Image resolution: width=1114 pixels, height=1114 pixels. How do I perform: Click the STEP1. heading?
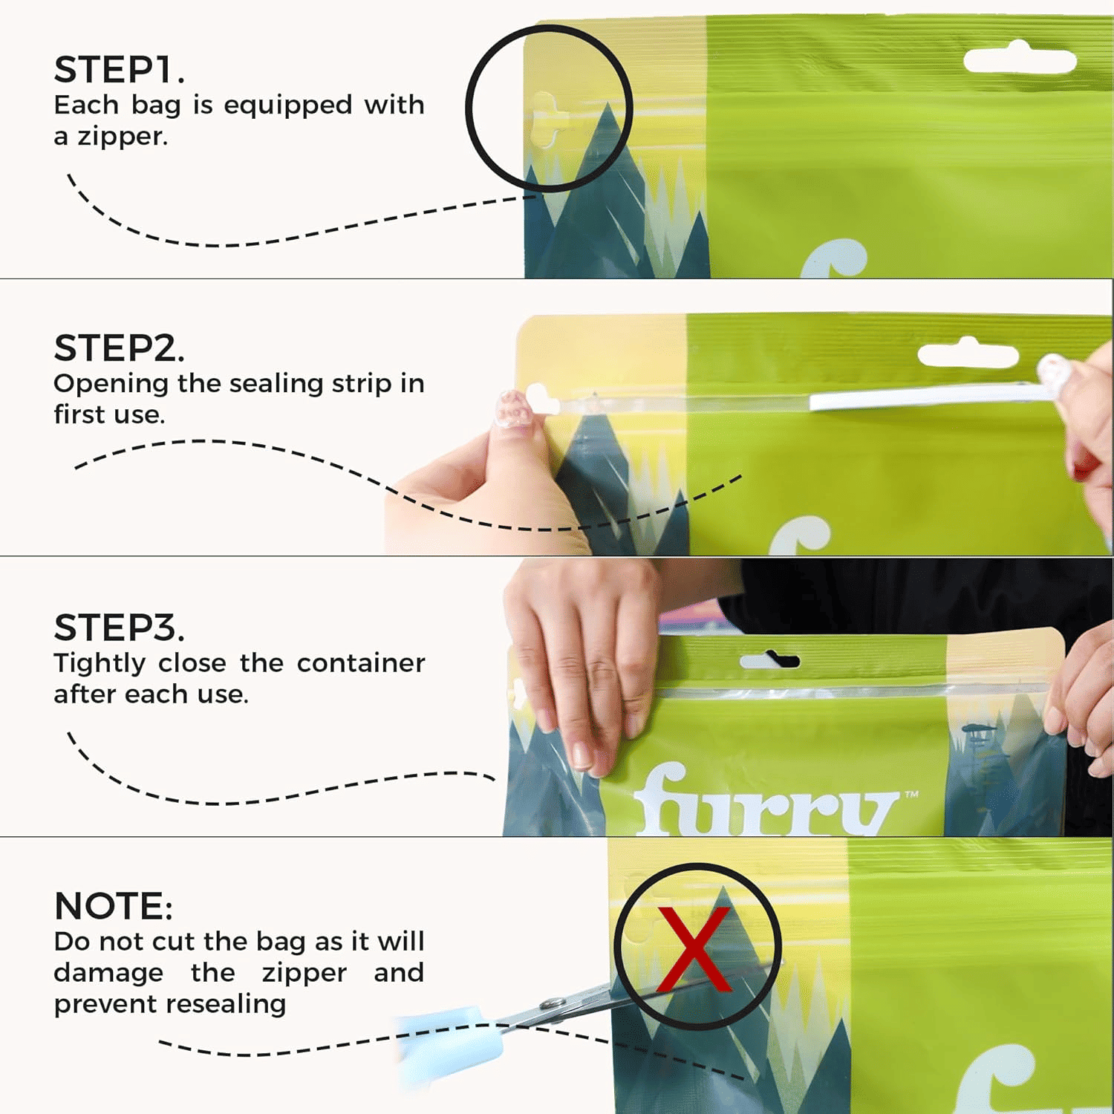119,70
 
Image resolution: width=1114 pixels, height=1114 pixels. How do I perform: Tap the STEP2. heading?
119,348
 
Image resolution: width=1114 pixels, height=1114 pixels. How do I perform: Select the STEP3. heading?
119,628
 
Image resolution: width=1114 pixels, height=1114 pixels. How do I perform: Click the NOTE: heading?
114,906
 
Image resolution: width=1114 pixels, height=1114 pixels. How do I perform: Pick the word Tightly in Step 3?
99,663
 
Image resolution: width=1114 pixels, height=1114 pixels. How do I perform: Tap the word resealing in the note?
222,1004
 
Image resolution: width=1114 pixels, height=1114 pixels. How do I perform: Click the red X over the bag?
694,948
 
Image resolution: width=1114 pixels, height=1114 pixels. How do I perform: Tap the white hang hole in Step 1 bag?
1020,59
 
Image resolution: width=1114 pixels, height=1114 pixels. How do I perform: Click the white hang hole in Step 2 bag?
968,353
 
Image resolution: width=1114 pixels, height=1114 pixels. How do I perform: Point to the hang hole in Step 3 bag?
770,659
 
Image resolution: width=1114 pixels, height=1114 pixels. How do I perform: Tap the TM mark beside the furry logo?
911,795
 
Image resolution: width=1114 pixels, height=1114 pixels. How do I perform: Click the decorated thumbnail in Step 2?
514,409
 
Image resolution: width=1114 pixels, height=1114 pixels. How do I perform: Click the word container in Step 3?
361,663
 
